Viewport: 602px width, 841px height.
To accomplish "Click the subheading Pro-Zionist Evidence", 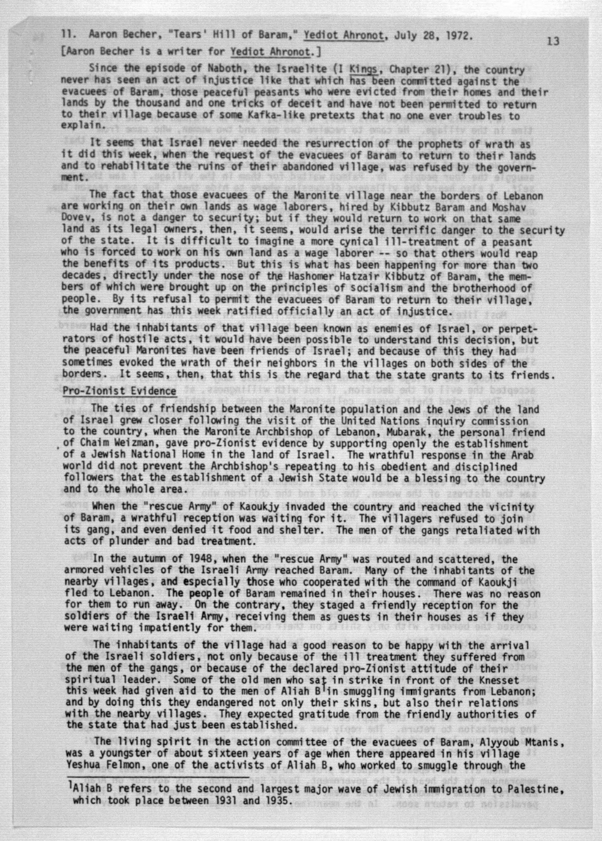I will pos(119,391).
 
